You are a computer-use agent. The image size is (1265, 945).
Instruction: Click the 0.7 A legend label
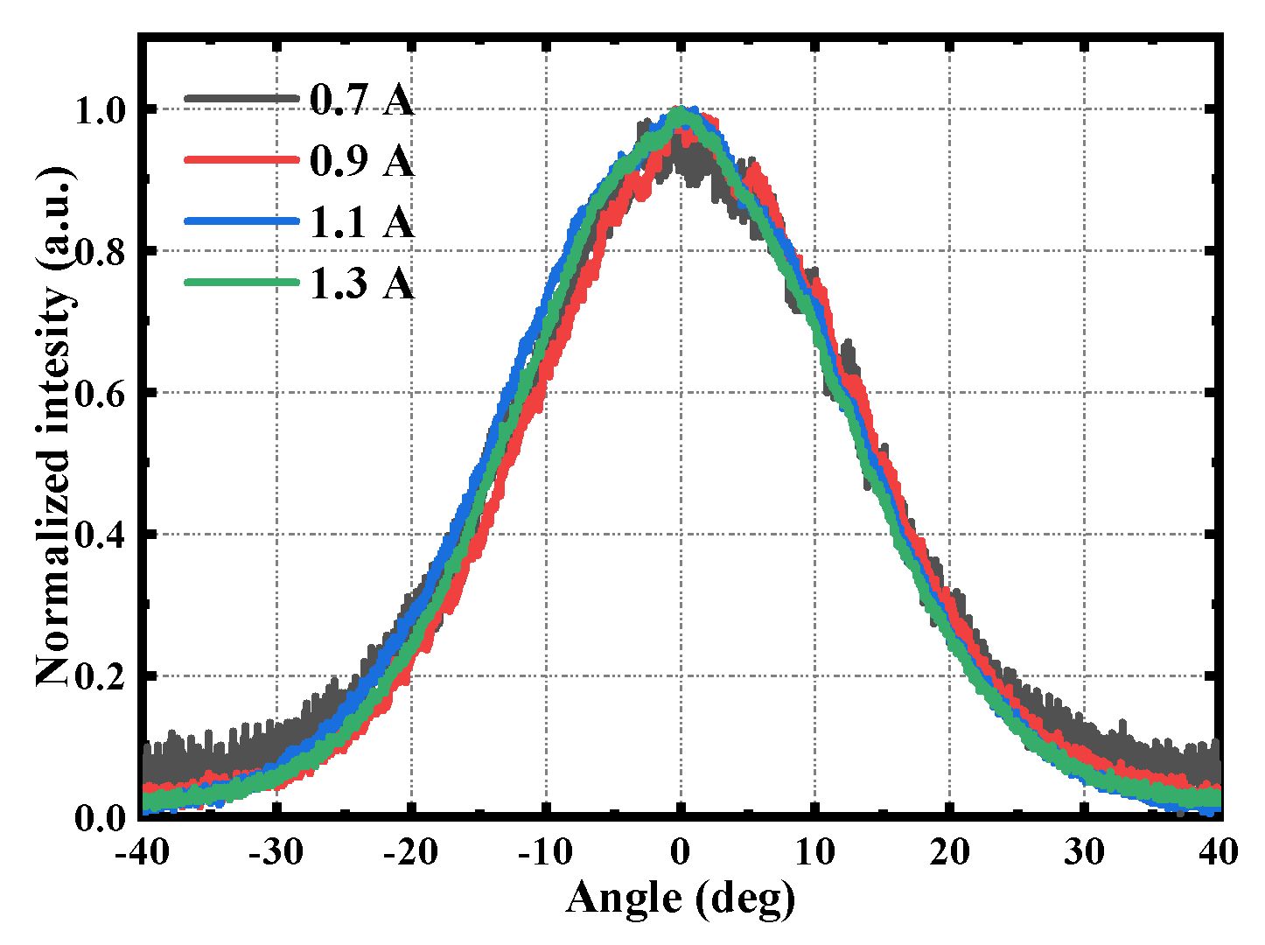tap(361, 101)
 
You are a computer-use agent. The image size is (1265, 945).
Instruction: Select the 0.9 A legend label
tap(361, 161)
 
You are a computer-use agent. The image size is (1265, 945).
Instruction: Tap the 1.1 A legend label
tap(361, 222)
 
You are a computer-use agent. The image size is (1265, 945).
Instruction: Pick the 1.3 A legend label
tap(361, 283)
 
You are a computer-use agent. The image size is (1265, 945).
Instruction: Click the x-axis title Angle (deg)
tap(681, 899)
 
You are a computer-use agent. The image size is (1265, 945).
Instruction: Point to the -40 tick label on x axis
tap(142, 851)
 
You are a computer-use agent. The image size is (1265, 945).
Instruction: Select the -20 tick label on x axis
tap(410, 851)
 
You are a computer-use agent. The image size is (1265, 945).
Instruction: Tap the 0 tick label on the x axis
tap(681, 851)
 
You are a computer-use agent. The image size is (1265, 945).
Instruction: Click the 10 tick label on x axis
tap(814, 851)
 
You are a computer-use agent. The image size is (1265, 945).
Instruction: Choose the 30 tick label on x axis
tap(1084, 851)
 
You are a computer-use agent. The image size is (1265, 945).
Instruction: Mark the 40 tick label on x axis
tap(1217, 851)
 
